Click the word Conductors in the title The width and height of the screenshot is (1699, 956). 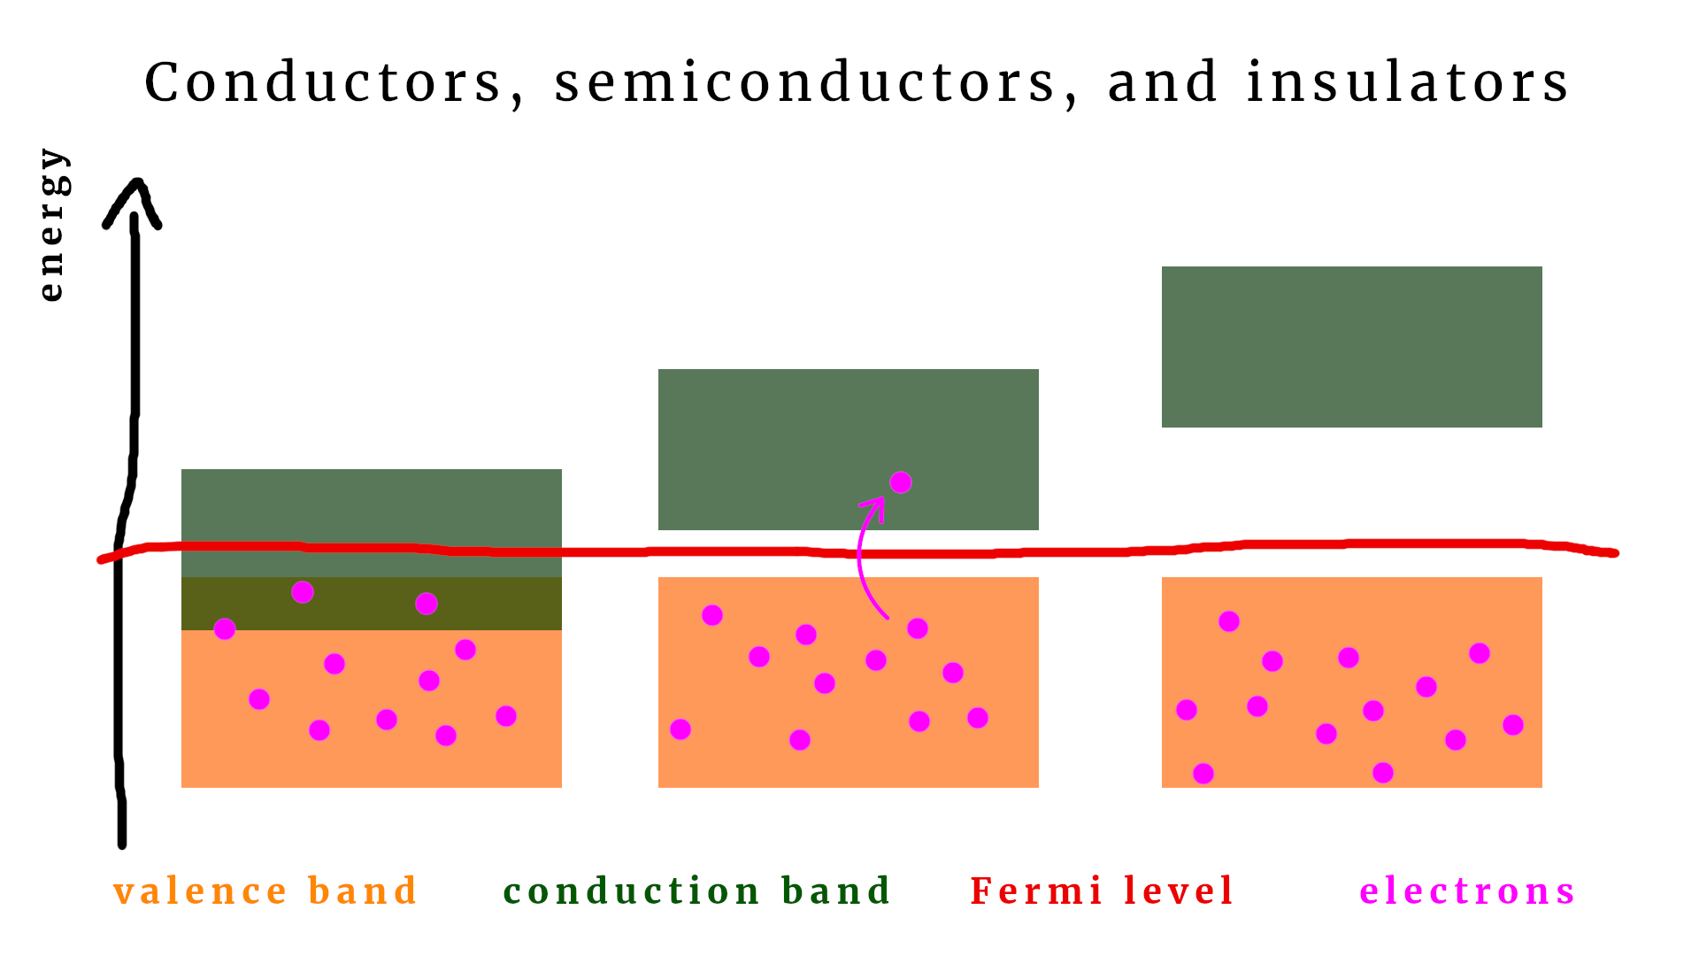[324, 83]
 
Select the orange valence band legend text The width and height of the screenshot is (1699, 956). [265, 891]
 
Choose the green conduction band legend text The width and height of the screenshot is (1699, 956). [696, 891]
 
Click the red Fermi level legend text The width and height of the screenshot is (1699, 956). [1102, 891]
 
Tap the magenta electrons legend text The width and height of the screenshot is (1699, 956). [1467, 891]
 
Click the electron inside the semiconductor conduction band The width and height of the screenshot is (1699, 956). [901, 482]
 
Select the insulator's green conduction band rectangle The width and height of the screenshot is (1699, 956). [1351, 347]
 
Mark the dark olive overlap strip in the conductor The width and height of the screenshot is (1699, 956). [496, 604]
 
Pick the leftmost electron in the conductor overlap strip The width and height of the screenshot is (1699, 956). [225, 628]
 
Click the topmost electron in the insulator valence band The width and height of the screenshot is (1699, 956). [1229, 621]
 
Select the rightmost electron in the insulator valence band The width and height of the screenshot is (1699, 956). [1513, 725]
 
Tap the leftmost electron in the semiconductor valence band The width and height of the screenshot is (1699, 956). [680, 729]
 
